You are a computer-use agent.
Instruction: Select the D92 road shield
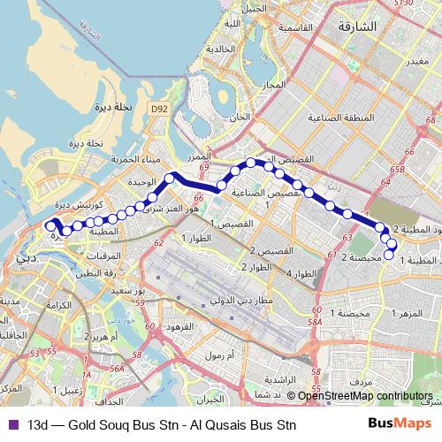(158, 108)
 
